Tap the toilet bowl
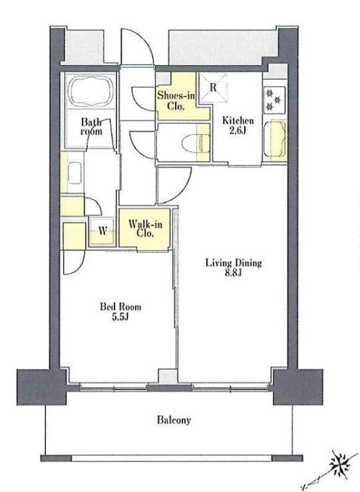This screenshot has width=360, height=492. (x=196, y=144)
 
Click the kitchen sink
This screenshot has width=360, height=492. (x=275, y=139)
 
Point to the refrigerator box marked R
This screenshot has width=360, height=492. (x=214, y=88)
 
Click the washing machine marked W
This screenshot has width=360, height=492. (x=102, y=231)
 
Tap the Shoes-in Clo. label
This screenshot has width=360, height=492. (x=176, y=100)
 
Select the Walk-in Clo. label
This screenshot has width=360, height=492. (x=145, y=229)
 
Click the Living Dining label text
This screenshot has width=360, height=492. (x=234, y=263)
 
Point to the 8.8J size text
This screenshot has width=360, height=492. (x=233, y=273)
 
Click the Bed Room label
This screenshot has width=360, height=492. (x=120, y=307)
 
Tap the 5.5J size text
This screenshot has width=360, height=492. (x=120, y=317)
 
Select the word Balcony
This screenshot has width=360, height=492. (x=174, y=420)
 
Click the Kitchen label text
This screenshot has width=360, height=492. (x=238, y=120)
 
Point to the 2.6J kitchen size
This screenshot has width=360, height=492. (x=238, y=131)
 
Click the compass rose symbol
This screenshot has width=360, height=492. (x=341, y=465)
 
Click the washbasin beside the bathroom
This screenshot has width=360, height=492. (x=75, y=173)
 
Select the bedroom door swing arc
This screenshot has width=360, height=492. (x=79, y=267)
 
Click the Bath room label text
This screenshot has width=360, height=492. (x=91, y=126)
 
